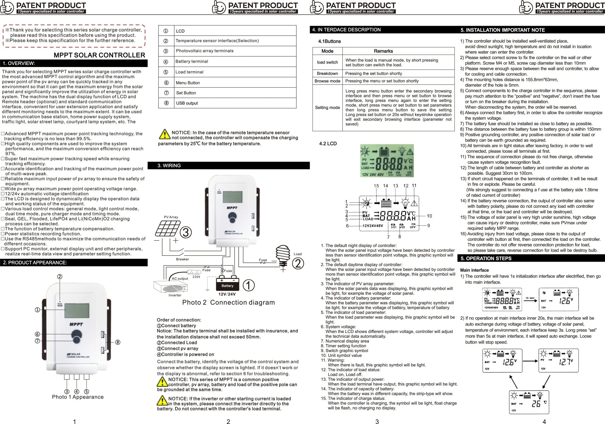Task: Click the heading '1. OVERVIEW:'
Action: click(x=19, y=63)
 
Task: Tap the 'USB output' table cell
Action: click(x=187, y=103)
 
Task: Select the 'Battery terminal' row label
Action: click(x=192, y=61)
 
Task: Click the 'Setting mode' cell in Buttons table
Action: click(x=327, y=108)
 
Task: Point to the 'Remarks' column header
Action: click(x=383, y=51)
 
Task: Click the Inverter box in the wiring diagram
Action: click(x=170, y=287)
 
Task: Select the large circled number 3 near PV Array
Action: click(x=186, y=233)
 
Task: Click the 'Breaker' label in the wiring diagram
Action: click(x=182, y=259)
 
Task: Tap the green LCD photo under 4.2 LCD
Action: click(x=387, y=161)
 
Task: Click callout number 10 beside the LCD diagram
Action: click(x=429, y=216)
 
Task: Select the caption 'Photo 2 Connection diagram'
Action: click(x=228, y=302)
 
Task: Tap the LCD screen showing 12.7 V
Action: click(x=558, y=360)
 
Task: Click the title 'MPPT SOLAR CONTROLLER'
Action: click(x=99, y=55)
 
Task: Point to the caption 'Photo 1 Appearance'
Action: click(x=78, y=397)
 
